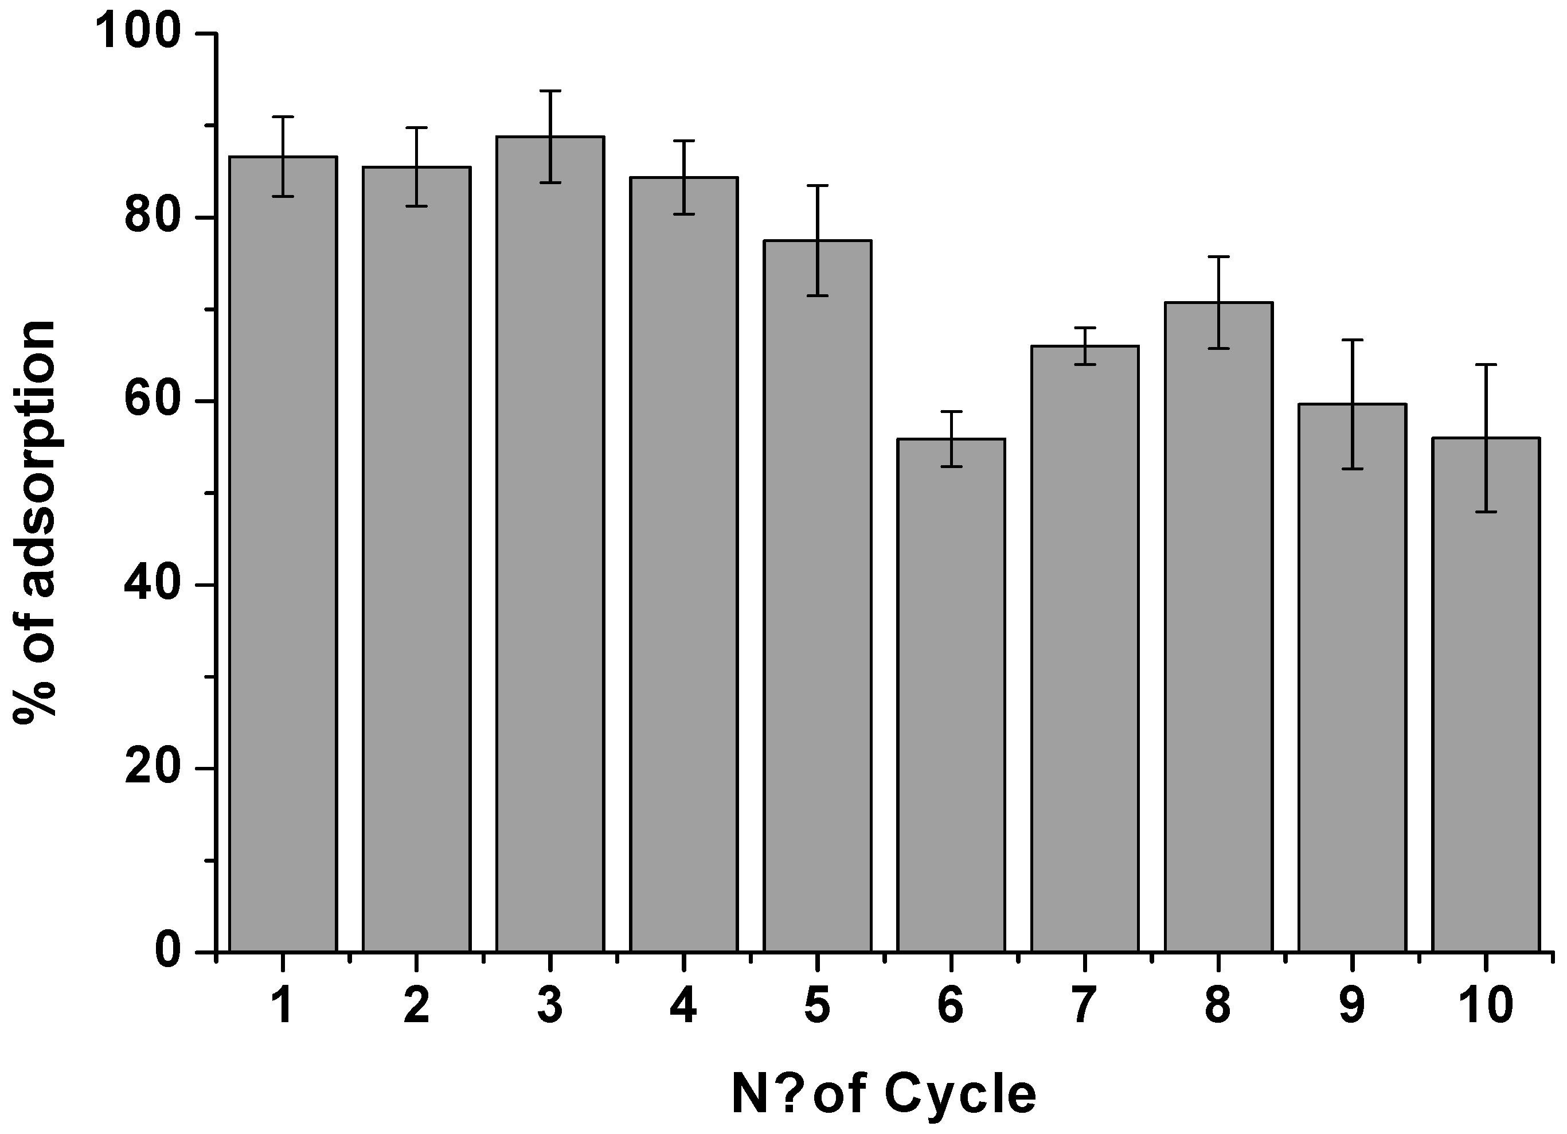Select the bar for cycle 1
[x=283, y=553]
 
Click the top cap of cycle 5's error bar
[x=818, y=186]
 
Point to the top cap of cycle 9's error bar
[x=1352, y=340]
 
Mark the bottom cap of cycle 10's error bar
[x=1486, y=512]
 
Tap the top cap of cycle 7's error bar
[x=1085, y=328]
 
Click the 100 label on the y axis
[x=138, y=33]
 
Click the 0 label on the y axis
[x=167, y=952]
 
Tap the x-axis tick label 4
[x=683, y=1006]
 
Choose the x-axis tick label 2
[x=417, y=1006]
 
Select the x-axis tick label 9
[x=1352, y=1006]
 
